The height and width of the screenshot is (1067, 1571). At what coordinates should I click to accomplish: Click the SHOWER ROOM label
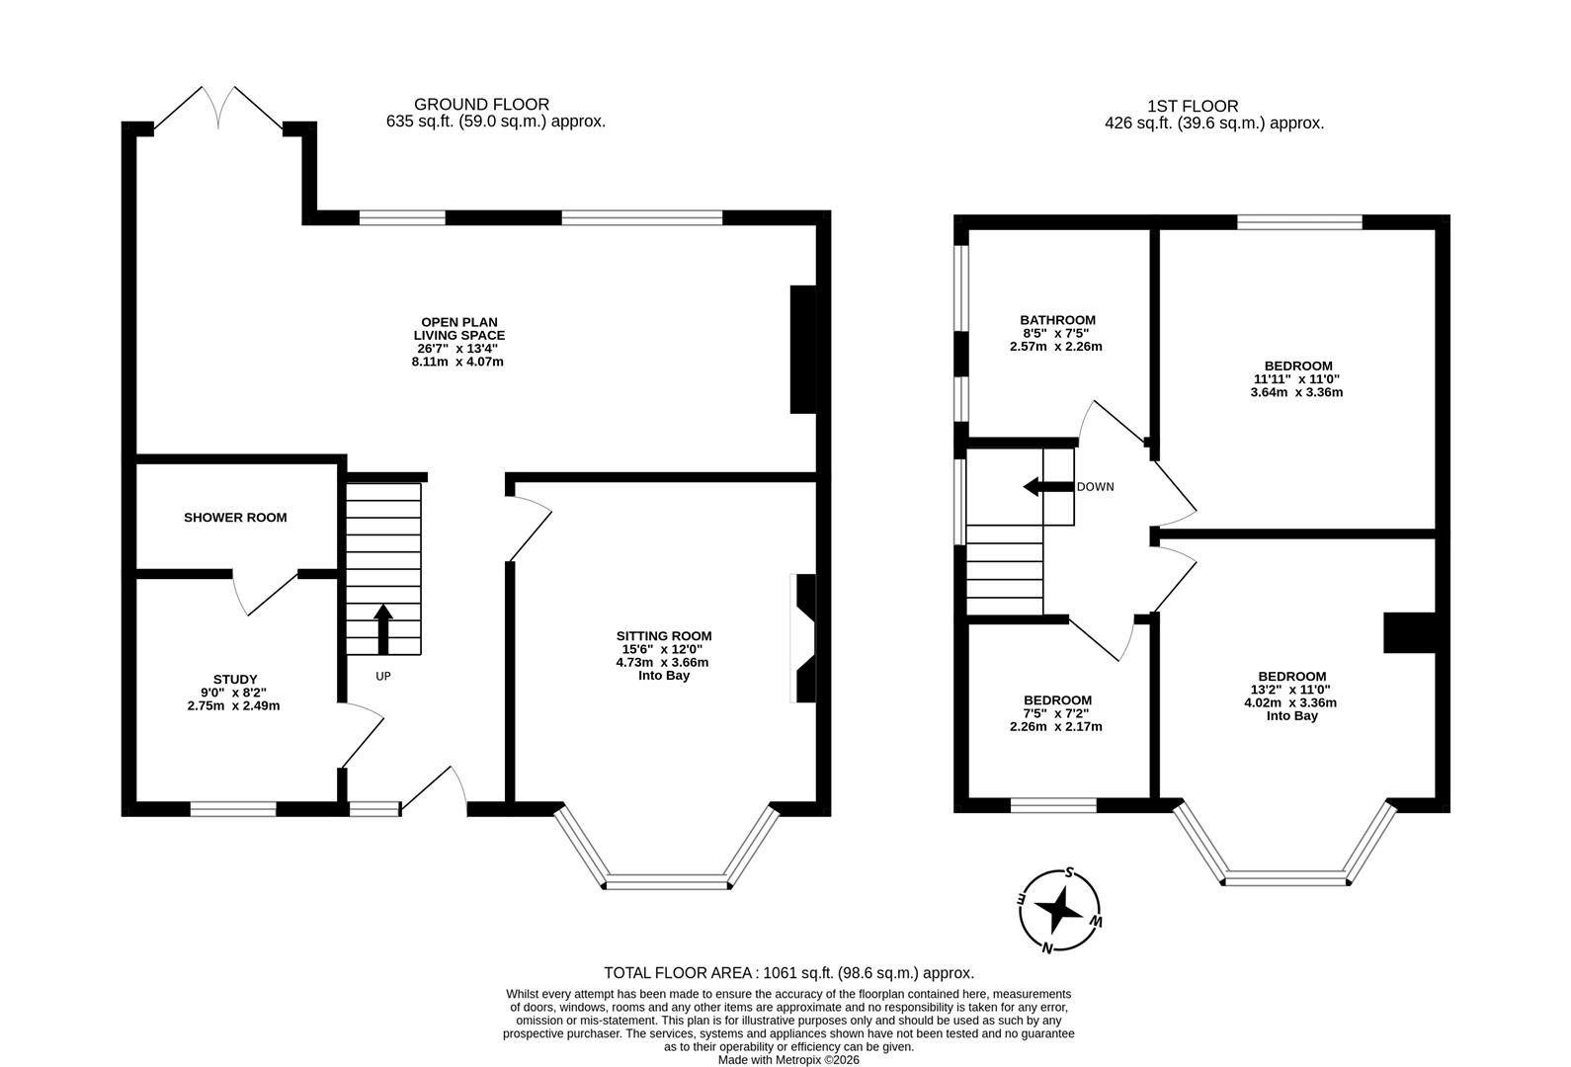tap(235, 517)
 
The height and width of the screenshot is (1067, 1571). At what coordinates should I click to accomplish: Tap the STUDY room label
tap(235, 679)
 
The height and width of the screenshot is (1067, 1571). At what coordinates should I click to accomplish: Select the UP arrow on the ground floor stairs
tap(383, 628)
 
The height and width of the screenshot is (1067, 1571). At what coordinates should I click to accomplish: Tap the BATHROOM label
tap(1057, 320)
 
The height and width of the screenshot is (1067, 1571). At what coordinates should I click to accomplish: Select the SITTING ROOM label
tap(664, 636)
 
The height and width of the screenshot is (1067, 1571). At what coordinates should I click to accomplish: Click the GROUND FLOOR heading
tap(481, 104)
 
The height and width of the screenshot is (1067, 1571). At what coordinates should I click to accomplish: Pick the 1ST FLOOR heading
tap(1192, 106)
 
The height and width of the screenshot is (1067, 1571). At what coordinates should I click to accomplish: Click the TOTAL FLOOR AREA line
tap(788, 972)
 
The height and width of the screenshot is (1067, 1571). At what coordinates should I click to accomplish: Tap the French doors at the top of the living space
tap(219, 108)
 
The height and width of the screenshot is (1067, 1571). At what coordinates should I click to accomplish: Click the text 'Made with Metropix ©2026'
tap(787, 1059)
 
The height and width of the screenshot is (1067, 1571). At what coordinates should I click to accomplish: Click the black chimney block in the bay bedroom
tap(1409, 632)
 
